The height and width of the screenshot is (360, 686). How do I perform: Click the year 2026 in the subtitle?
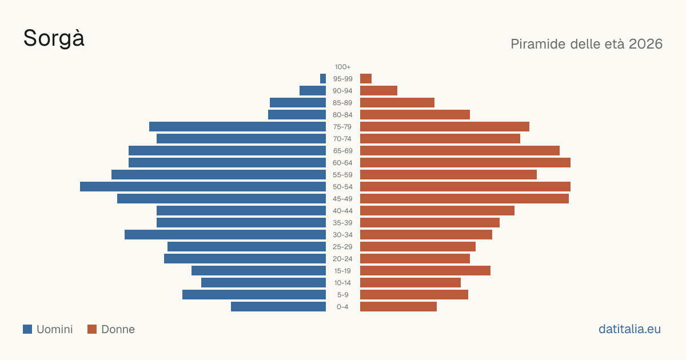(x=645, y=44)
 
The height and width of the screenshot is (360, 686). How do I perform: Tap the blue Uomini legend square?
(x=27, y=329)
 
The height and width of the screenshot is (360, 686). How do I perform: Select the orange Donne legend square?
(x=92, y=329)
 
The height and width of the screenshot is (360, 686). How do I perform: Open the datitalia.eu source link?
(x=629, y=329)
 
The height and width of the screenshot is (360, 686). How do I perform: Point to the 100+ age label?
(x=342, y=67)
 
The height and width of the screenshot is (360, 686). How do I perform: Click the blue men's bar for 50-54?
(x=203, y=187)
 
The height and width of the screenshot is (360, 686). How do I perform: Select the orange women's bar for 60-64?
(x=465, y=162)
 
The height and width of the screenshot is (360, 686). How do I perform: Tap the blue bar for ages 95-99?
(x=323, y=79)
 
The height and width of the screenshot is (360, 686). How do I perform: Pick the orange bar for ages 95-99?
(x=366, y=79)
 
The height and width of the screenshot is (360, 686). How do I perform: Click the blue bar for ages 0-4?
(x=278, y=307)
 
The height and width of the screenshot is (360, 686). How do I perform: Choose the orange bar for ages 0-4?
(x=398, y=307)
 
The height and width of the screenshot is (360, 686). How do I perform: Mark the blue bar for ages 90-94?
(x=313, y=91)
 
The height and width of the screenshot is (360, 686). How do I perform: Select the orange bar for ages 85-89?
(x=397, y=102)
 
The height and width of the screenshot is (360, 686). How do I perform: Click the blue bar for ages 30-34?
(x=225, y=235)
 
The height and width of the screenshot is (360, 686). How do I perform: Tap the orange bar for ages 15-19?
(x=425, y=271)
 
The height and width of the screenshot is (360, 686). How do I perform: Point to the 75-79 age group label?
(x=342, y=127)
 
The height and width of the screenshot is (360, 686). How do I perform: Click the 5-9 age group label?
(x=342, y=295)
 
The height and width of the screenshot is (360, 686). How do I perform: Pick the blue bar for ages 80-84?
(x=297, y=115)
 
